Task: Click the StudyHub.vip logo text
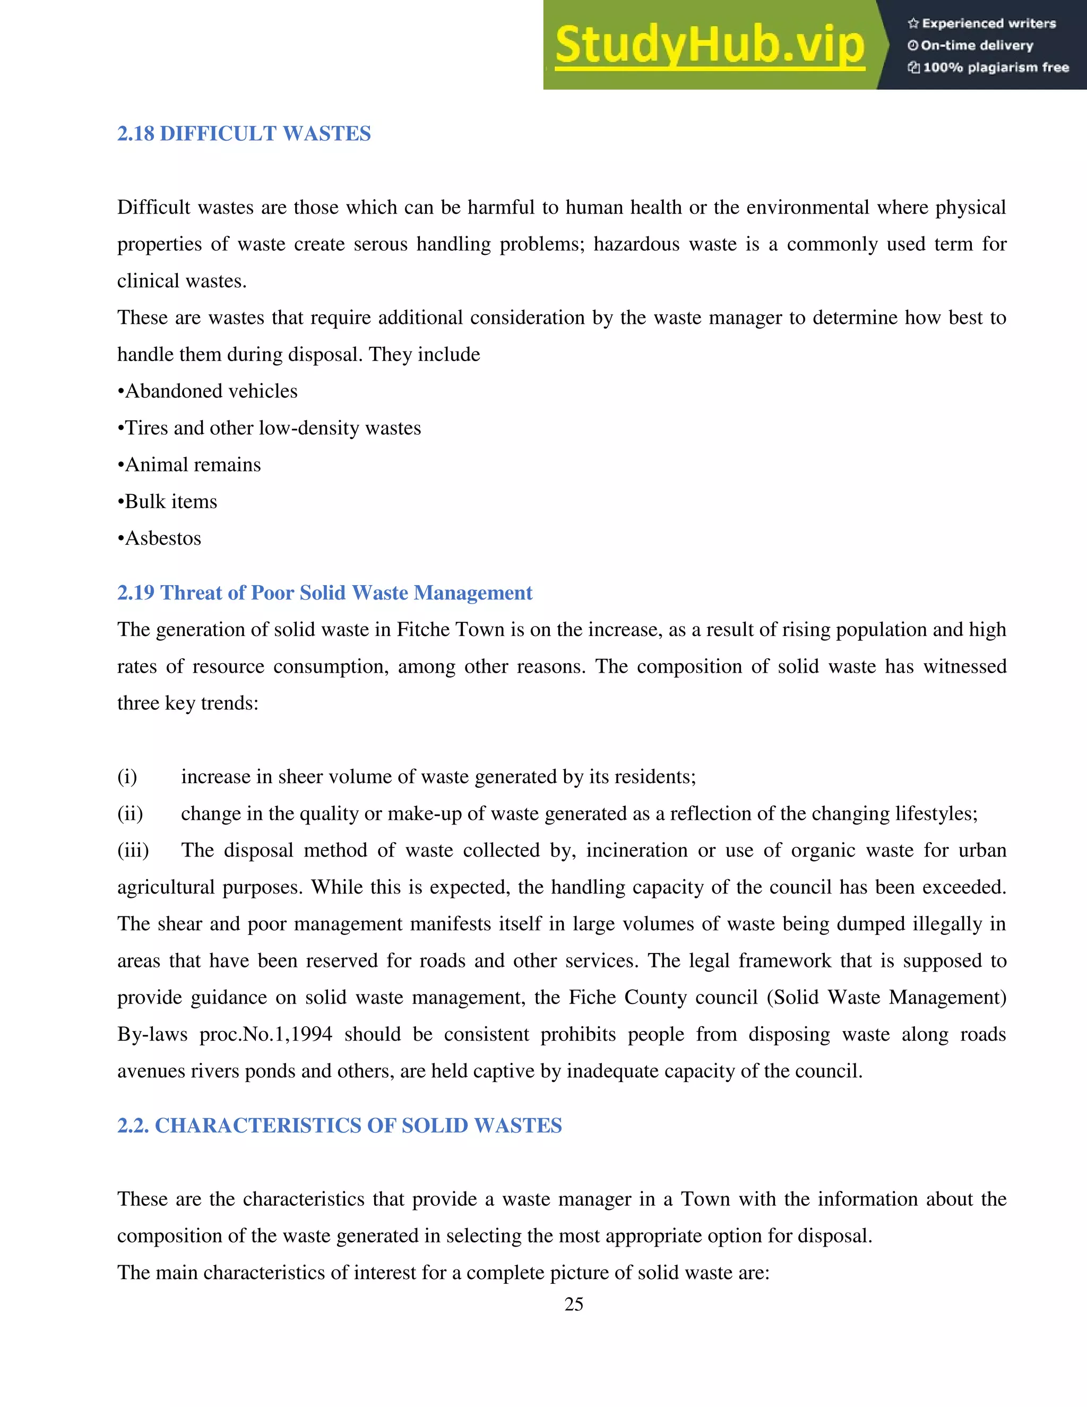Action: pyautogui.click(x=710, y=45)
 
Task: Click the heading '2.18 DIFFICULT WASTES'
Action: pyautogui.click(x=244, y=133)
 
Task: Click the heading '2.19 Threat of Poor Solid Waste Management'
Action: pyautogui.click(x=324, y=593)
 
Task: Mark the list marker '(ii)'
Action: pyautogui.click(x=130, y=813)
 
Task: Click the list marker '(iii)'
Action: pyautogui.click(x=133, y=851)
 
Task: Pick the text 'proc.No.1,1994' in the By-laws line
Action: pyautogui.click(x=266, y=1034)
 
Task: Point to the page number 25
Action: pyautogui.click(x=574, y=1305)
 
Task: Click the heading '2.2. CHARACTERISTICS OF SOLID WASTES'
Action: pyautogui.click(x=339, y=1126)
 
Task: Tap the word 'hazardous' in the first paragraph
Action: pyautogui.click(x=636, y=244)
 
